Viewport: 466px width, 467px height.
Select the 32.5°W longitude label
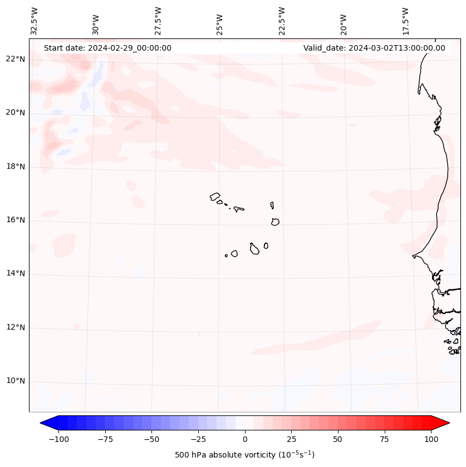[x=35, y=21]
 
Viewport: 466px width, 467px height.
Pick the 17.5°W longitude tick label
[x=405, y=21]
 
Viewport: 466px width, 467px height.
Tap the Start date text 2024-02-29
[x=107, y=48]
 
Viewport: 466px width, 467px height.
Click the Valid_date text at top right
[x=374, y=48]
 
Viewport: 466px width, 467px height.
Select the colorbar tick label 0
[x=245, y=439]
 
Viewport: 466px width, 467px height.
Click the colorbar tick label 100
[x=431, y=439]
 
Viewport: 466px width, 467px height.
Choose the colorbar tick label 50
[x=338, y=439]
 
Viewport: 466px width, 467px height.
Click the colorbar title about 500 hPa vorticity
[x=244, y=455]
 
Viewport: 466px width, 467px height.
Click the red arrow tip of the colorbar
[x=445, y=423]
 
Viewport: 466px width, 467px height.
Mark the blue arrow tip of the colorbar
[x=43, y=423]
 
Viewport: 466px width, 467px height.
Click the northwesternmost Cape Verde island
[x=215, y=196]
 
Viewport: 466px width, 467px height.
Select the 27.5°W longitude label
[x=158, y=21]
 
